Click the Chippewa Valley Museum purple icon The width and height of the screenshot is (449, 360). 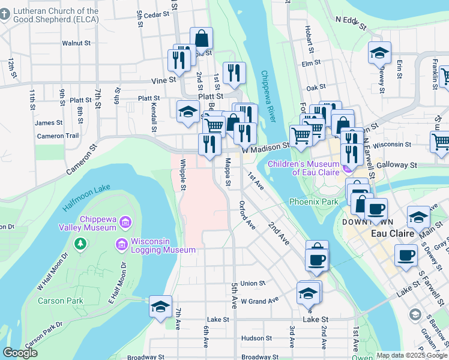[125, 223]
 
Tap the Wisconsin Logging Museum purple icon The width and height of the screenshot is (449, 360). [121, 244]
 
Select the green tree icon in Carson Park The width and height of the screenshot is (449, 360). [79, 244]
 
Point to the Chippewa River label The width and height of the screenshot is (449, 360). [268, 95]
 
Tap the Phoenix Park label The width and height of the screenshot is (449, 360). [313, 202]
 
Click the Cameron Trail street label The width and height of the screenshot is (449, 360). [58, 136]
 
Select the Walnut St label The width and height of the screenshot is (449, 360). [76, 43]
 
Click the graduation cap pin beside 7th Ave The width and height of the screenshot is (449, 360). [160, 307]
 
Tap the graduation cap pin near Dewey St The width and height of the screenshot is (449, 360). [380, 53]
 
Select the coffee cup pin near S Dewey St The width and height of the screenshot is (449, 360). [406, 254]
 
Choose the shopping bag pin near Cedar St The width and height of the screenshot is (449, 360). [202, 38]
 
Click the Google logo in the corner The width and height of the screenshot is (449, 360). [20, 352]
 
